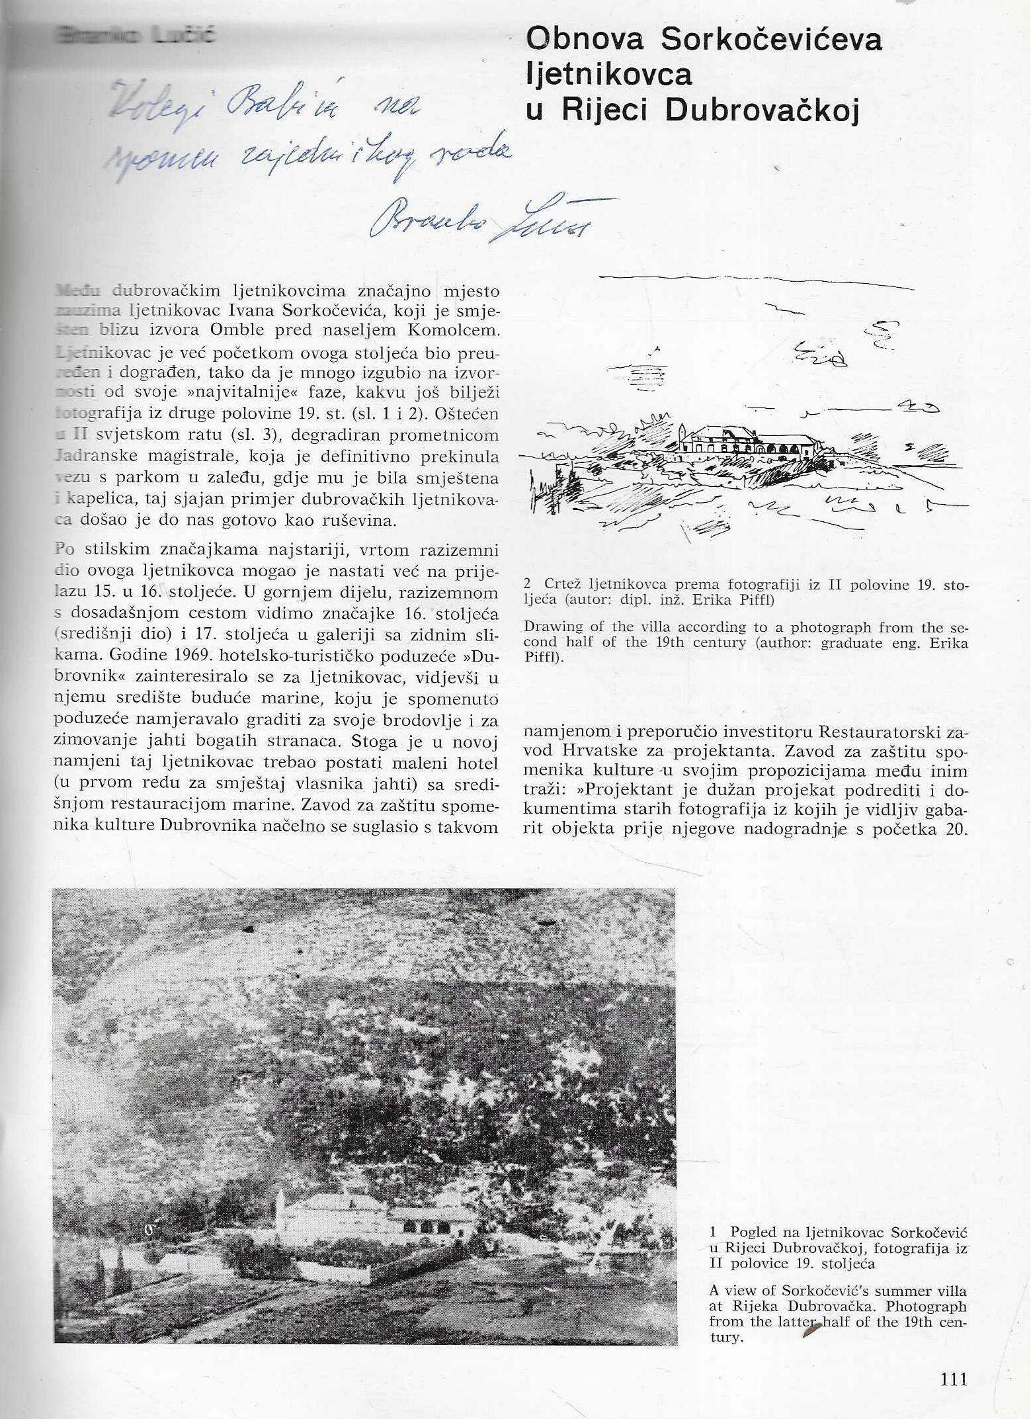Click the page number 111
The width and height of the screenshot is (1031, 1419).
953,1379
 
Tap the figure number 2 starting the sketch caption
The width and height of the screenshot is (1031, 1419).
528,584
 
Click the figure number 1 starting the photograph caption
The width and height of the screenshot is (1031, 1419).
714,1232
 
